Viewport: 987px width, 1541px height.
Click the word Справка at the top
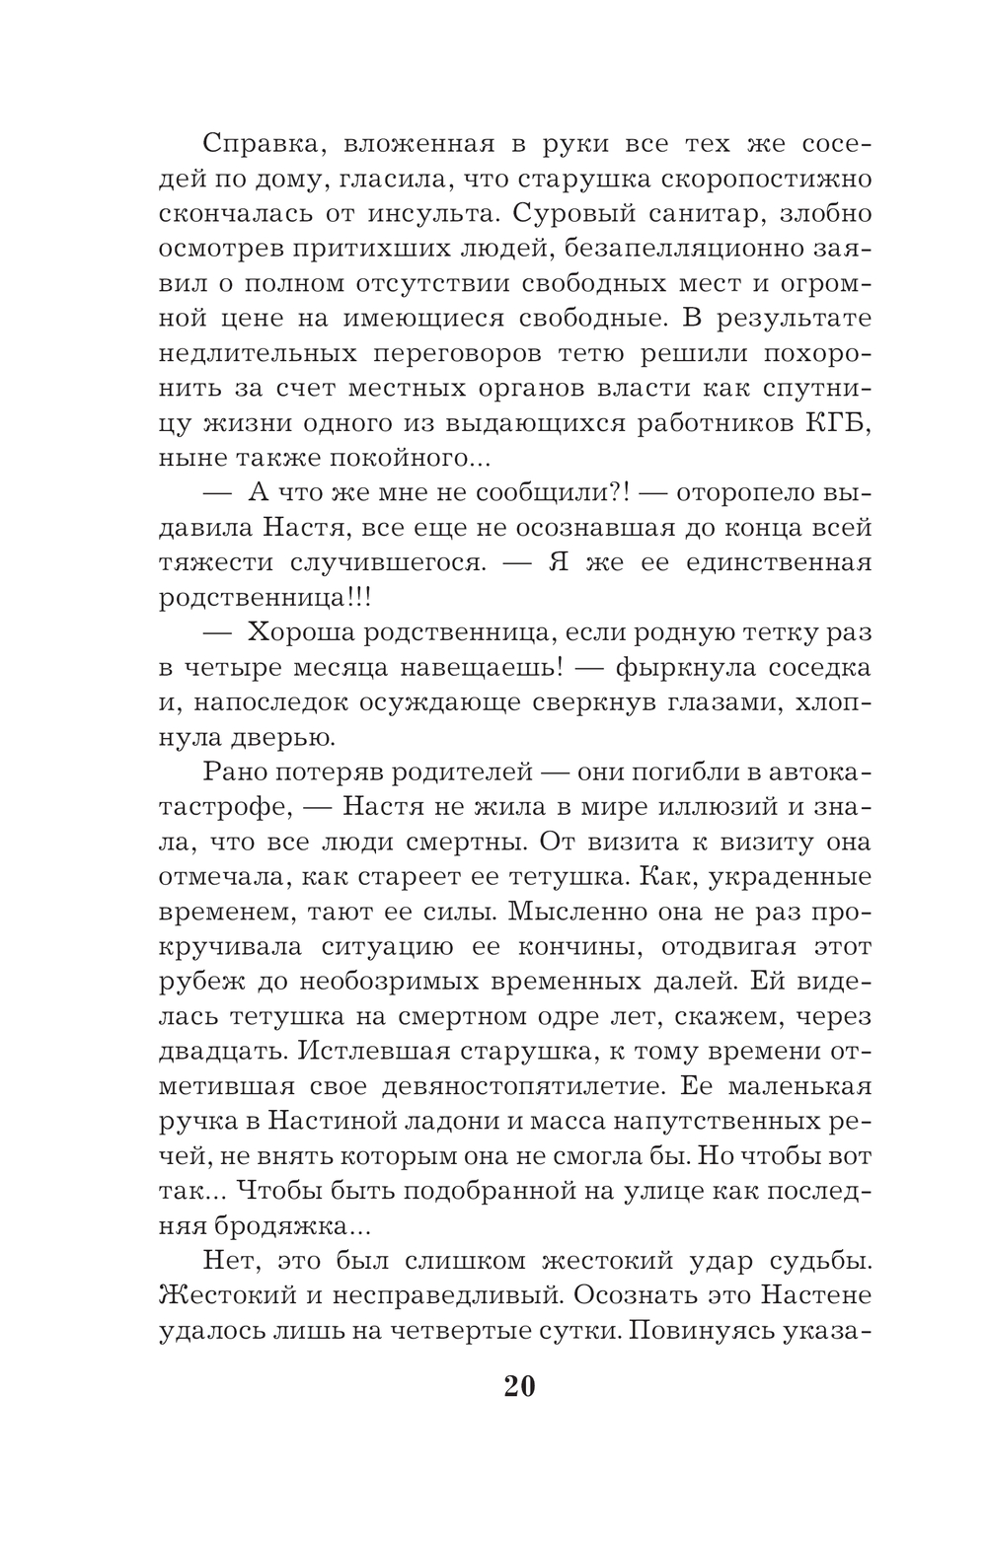pos(260,143)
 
